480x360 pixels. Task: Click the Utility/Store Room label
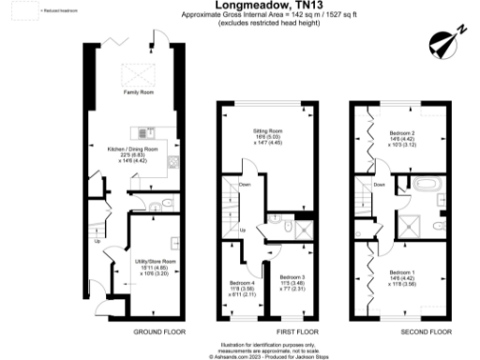[157, 266]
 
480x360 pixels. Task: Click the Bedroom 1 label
[401, 277]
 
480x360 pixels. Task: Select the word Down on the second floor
[378, 185]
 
